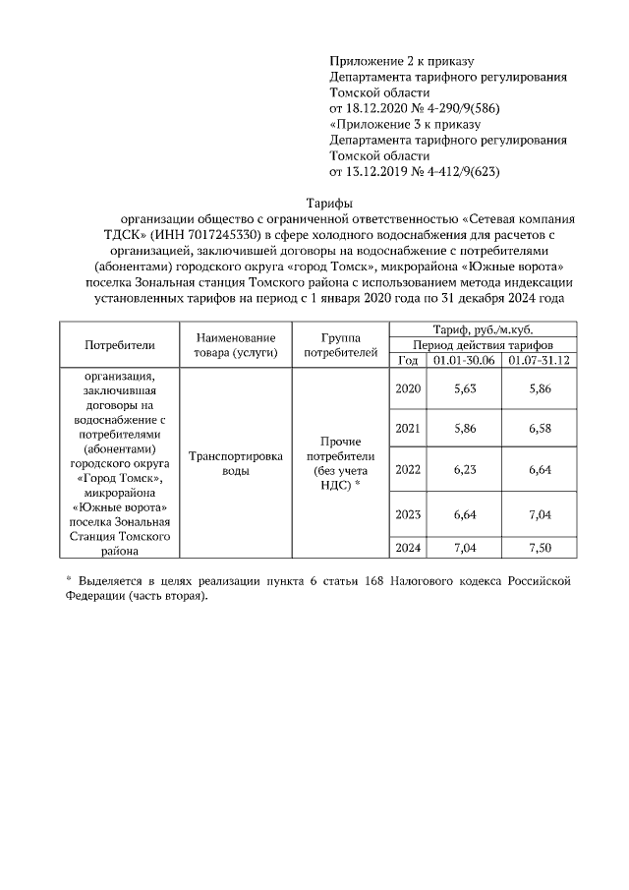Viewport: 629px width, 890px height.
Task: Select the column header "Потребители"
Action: [120, 345]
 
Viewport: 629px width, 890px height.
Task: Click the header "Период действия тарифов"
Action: [483, 346]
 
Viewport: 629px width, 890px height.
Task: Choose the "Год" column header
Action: [408, 360]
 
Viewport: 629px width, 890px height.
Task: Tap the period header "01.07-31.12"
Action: [539, 360]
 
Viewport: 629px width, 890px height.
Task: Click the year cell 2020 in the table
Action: [408, 389]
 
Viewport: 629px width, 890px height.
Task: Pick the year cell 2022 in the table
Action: [408, 469]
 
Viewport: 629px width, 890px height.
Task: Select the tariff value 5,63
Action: [465, 389]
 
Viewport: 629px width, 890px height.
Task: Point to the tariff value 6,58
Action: [539, 429]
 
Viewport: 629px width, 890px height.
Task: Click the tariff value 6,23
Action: [465, 469]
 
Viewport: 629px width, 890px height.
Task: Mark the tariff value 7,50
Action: [539, 548]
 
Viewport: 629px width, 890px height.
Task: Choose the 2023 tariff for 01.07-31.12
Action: [539, 513]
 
